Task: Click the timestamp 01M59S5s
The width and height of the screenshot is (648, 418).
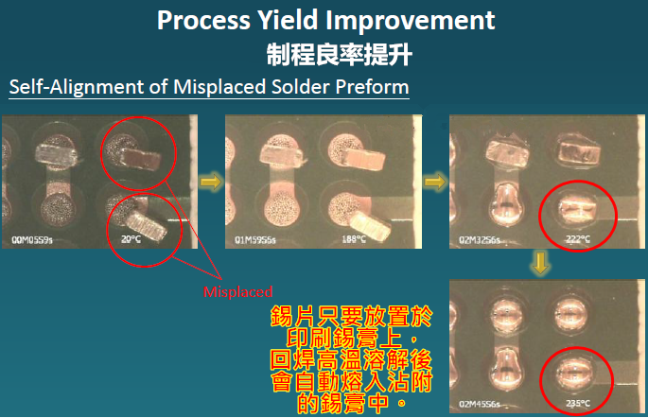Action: click(x=258, y=241)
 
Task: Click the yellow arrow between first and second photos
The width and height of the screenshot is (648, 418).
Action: click(x=213, y=181)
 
